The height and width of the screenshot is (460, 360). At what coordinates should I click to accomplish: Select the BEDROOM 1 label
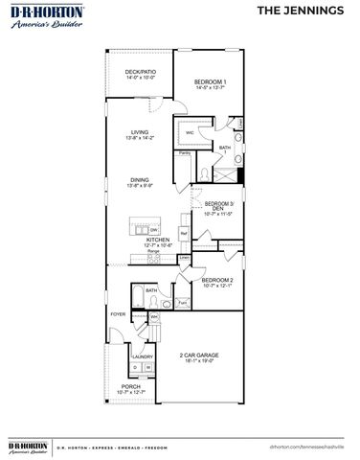(210, 83)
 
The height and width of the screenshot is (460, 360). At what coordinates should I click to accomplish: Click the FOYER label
(118, 313)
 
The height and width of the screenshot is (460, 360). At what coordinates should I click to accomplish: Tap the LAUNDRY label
(143, 356)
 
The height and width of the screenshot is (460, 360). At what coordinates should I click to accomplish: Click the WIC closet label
(190, 133)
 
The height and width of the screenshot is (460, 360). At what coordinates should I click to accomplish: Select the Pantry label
(183, 152)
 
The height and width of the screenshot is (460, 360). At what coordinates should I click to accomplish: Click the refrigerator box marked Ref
(183, 232)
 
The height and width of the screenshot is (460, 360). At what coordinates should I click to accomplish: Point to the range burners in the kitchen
(153, 256)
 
